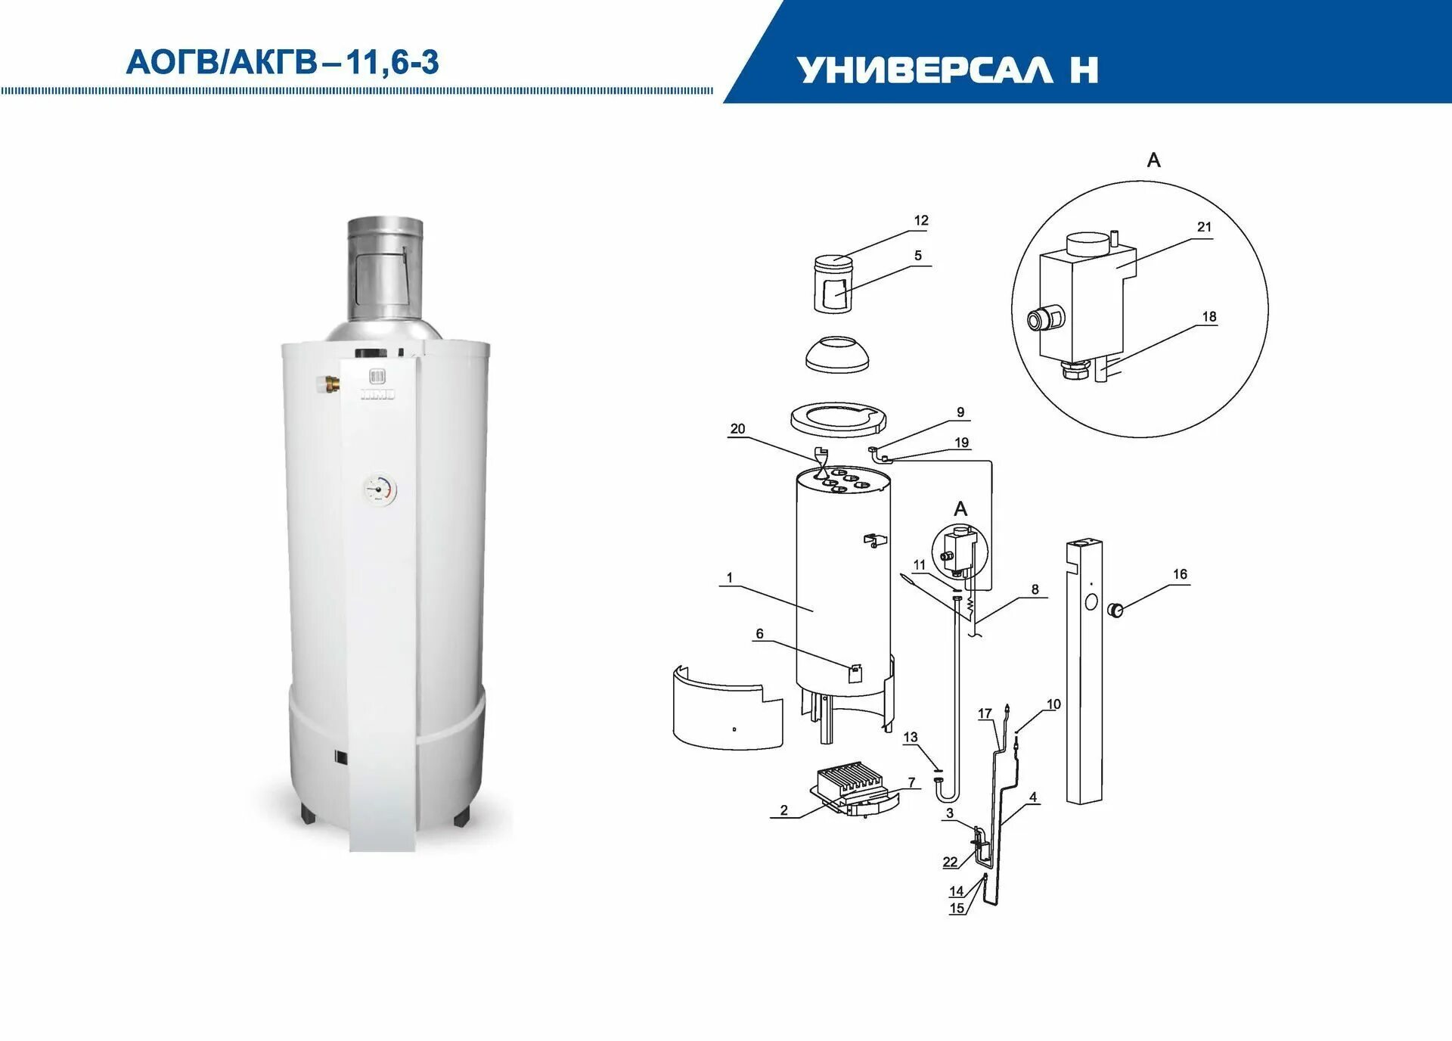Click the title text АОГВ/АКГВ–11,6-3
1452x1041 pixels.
pyautogui.click(x=282, y=62)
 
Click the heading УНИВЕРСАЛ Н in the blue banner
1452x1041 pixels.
pyautogui.click(x=947, y=70)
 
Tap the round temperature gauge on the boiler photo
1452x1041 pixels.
pyautogui.click(x=380, y=489)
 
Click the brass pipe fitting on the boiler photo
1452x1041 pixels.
pyautogui.click(x=330, y=384)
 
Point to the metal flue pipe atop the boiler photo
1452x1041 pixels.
pyautogui.click(x=385, y=269)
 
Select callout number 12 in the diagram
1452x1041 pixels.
pyautogui.click(x=920, y=221)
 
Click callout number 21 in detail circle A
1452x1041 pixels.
pyautogui.click(x=1204, y=227)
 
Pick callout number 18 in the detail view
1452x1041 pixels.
pyautogui.click(x=1208, y=317)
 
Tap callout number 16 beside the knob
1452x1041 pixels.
pyautogui.click(x=1180, y=574)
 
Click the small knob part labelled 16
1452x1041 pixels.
pyautogui.click(x=1115, y=610)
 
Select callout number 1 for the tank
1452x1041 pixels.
pyautogui.click(x=730, y=578)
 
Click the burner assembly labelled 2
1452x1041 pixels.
pyautogui.click(x=850, y=788)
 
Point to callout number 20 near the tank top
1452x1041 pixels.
pyautogui.click(x=737, y=429)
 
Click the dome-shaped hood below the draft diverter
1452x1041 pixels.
pyautogui.click(x=836, y=355)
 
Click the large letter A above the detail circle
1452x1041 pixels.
pyautogui.click(x=1153, y=160)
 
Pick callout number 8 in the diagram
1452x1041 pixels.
pyautogui.click(x=1035, y=589)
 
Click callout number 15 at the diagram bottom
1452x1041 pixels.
pyautogui.click(x=957, y=909)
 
